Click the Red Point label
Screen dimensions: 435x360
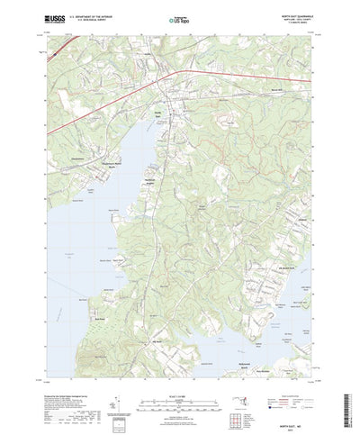[x=101, y=318]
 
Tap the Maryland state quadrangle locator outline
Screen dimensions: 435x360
[x=290, y=388]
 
